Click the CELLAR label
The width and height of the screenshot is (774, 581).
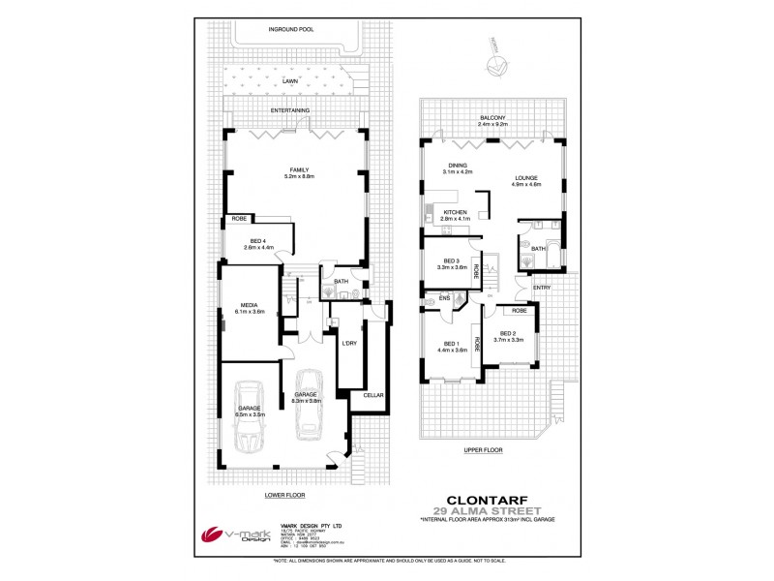tap(373, 395)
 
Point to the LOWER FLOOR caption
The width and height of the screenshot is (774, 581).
tap(284, 494)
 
